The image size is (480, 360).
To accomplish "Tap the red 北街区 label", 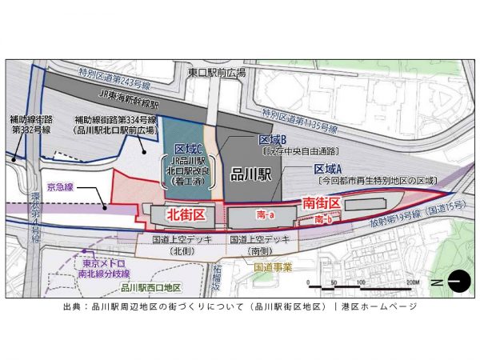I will (x=186, y=214).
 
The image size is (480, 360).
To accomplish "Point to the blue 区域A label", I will (x=328, y=170).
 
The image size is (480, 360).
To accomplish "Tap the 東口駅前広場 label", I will (x=217, y=72).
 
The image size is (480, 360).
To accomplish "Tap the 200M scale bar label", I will (x=413, y=283).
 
